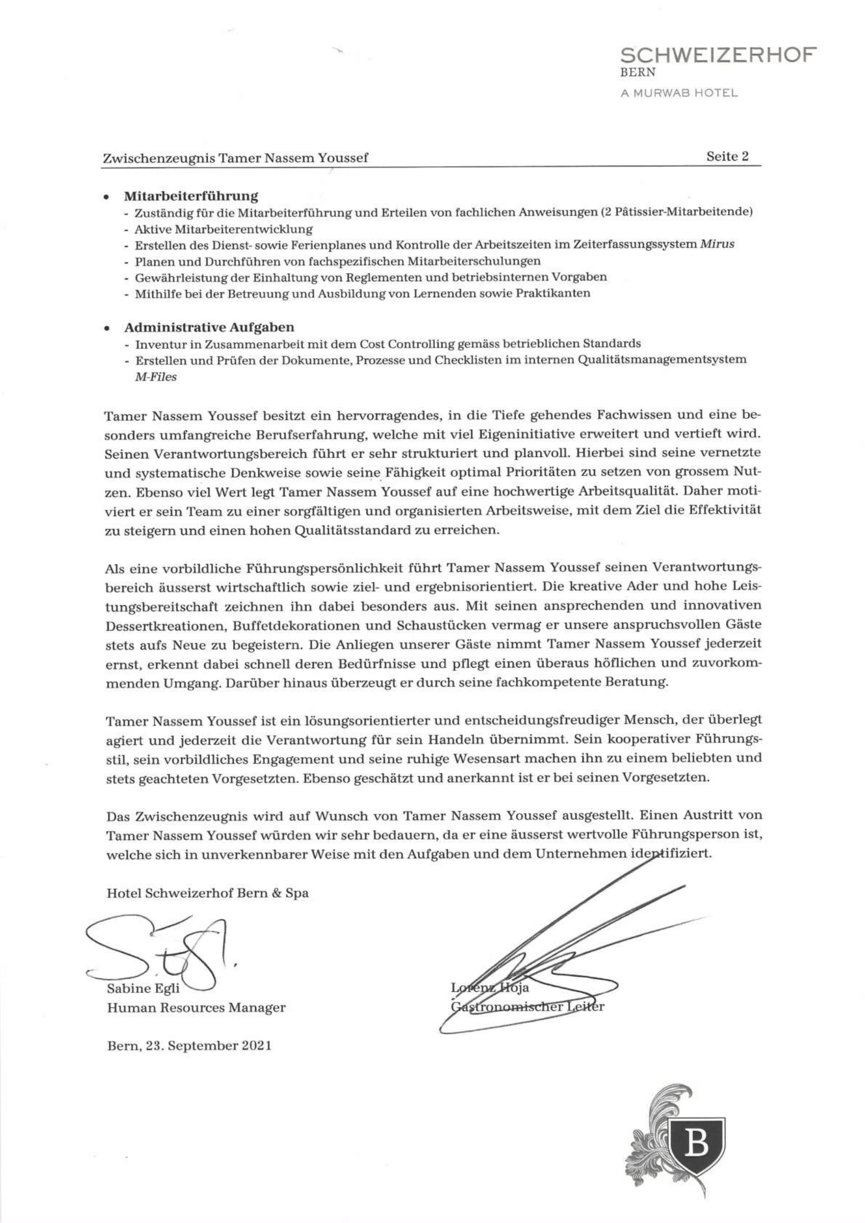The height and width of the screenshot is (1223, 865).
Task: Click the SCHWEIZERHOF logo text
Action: click(719, 55)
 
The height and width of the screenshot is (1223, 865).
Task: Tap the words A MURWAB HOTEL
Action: click(679, 93)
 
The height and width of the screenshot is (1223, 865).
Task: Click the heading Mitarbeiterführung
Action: click(191, 196)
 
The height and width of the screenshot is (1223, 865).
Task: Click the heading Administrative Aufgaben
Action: click(209, 326)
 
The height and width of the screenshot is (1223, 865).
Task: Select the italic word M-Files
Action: click(155, 376)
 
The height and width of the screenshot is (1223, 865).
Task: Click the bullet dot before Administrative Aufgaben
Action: click(107, 328)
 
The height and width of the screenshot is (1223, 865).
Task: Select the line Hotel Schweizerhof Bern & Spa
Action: click(207, 893)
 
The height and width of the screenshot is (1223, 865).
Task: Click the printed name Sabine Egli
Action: click(143, 989)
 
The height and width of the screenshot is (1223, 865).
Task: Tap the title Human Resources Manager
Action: click(196, 1008)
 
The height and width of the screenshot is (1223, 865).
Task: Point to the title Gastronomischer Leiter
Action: click(527, 1007)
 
